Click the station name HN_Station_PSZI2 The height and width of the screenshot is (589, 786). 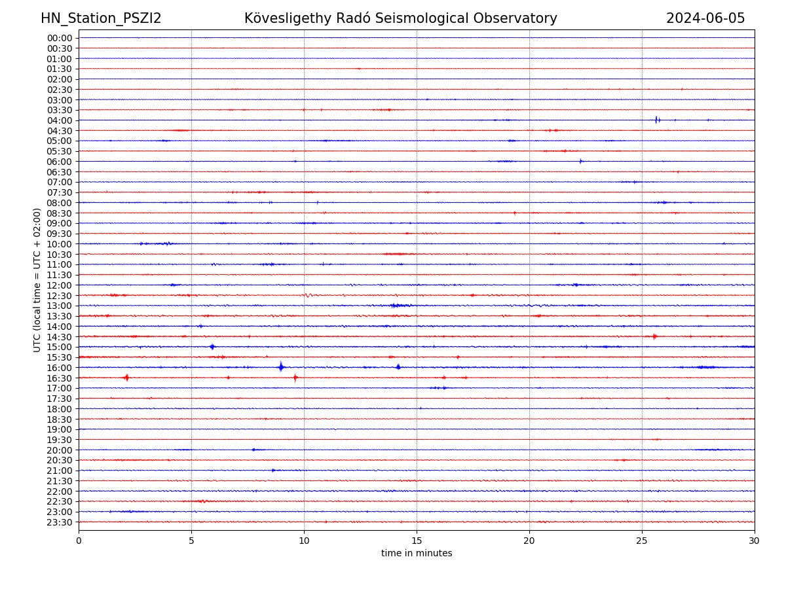pos(101,18)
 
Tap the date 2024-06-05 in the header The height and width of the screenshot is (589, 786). pos(705,18)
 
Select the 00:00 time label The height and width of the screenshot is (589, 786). pos(60,38)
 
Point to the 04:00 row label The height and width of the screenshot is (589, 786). pos(60,120)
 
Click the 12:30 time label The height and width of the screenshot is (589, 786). pos(60,296)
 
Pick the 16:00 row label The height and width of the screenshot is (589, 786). pos(60,368)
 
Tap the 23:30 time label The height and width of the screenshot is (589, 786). pos(60,522)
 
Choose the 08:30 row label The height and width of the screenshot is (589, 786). pos(60,213)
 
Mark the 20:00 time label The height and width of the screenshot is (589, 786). pos(60,450)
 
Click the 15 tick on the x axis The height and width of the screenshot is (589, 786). pos(417,541)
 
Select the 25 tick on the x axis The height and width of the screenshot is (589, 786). pos(642,541)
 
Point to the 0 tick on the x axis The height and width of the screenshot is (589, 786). pos(79,541)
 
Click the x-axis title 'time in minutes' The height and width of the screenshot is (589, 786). pos(417,554)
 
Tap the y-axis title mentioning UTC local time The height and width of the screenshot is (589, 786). pos(37,280)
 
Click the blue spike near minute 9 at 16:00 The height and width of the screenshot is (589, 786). pos(281,367)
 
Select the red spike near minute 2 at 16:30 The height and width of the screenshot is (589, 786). pos(126,378)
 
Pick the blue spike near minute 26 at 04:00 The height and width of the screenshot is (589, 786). pos(656,120)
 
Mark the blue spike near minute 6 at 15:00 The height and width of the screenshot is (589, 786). pos(212,347)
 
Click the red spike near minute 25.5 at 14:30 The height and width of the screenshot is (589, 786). pos(654,336)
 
